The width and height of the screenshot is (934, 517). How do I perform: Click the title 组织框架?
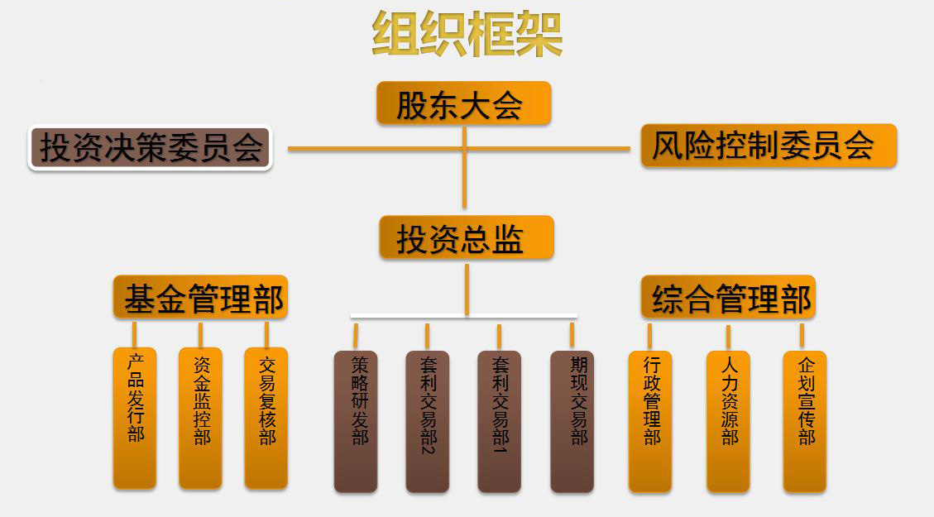[467, 35]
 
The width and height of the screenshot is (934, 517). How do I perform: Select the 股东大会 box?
[463, 103]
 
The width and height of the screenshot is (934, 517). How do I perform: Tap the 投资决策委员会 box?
[151, 148]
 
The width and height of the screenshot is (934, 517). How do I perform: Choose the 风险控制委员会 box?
[768, 146]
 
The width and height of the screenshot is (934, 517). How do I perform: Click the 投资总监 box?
[466, 238]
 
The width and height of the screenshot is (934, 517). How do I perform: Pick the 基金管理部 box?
[200, 297]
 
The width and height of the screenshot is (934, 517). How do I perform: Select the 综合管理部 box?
[728, 297]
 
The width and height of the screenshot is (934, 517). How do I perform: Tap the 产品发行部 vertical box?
[135, 418]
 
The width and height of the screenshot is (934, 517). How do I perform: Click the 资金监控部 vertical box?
[200, 418]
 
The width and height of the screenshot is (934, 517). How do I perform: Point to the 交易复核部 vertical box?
[266, 418]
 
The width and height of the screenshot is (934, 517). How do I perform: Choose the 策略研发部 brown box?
[356, 422]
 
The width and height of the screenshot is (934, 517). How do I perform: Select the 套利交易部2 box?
[428, 422]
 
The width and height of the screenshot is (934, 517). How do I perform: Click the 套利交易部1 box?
[499, 422]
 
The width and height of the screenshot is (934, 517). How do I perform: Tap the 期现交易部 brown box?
[572, 422]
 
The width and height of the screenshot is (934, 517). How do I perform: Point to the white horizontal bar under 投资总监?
[463, 316]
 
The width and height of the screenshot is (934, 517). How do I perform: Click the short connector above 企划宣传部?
[802, 335]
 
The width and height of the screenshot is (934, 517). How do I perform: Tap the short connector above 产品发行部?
[134, 334]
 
